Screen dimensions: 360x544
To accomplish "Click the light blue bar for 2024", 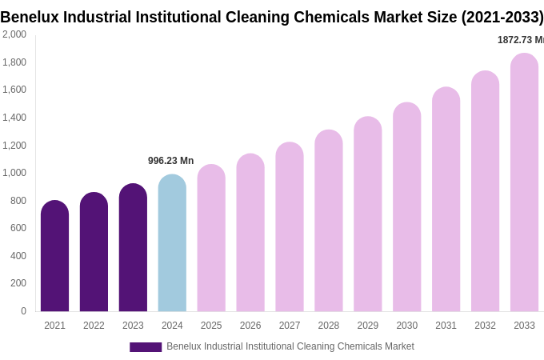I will [x=172, y=243].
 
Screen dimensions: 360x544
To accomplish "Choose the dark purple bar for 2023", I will [x=133, y=248].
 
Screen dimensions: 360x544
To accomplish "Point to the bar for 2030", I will [x=406, y=207].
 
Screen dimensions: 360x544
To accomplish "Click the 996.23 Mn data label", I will [x=170, y=161].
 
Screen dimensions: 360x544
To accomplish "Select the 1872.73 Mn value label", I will [x=520, y=40].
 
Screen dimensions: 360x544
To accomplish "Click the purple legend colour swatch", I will [x=146, y=347].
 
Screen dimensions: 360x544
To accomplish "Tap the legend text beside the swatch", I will [x=290, y=346].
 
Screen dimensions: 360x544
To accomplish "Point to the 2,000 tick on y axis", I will [x=14, y=34].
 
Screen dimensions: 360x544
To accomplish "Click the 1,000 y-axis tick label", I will [x=14, y=173].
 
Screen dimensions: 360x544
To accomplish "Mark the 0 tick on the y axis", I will [x=23, y=311].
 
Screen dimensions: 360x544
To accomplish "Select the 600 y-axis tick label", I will [x=18, y=228].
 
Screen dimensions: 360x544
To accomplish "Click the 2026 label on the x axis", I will [x=250, y=326].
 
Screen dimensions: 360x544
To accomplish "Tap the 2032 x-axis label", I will [x=485, y=326].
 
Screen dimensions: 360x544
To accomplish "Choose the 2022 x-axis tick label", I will [x=94, y=326].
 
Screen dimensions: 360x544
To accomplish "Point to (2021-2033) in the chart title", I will [x=502, y=17].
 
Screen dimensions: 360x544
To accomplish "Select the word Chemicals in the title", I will [x=356, y=17].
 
